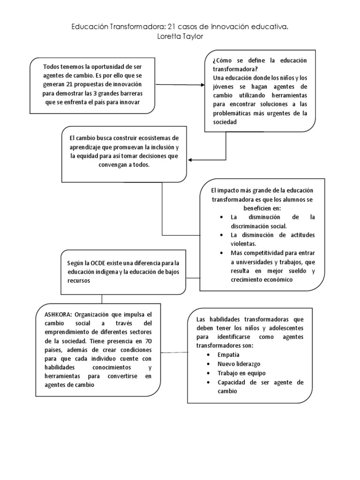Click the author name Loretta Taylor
coord(180,37)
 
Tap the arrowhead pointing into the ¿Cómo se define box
coord(202,85)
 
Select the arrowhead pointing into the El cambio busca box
coord(190,160)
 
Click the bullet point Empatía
coord(228,355)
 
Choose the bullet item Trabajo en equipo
coord(241,373)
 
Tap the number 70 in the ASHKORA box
coord(148,341)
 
